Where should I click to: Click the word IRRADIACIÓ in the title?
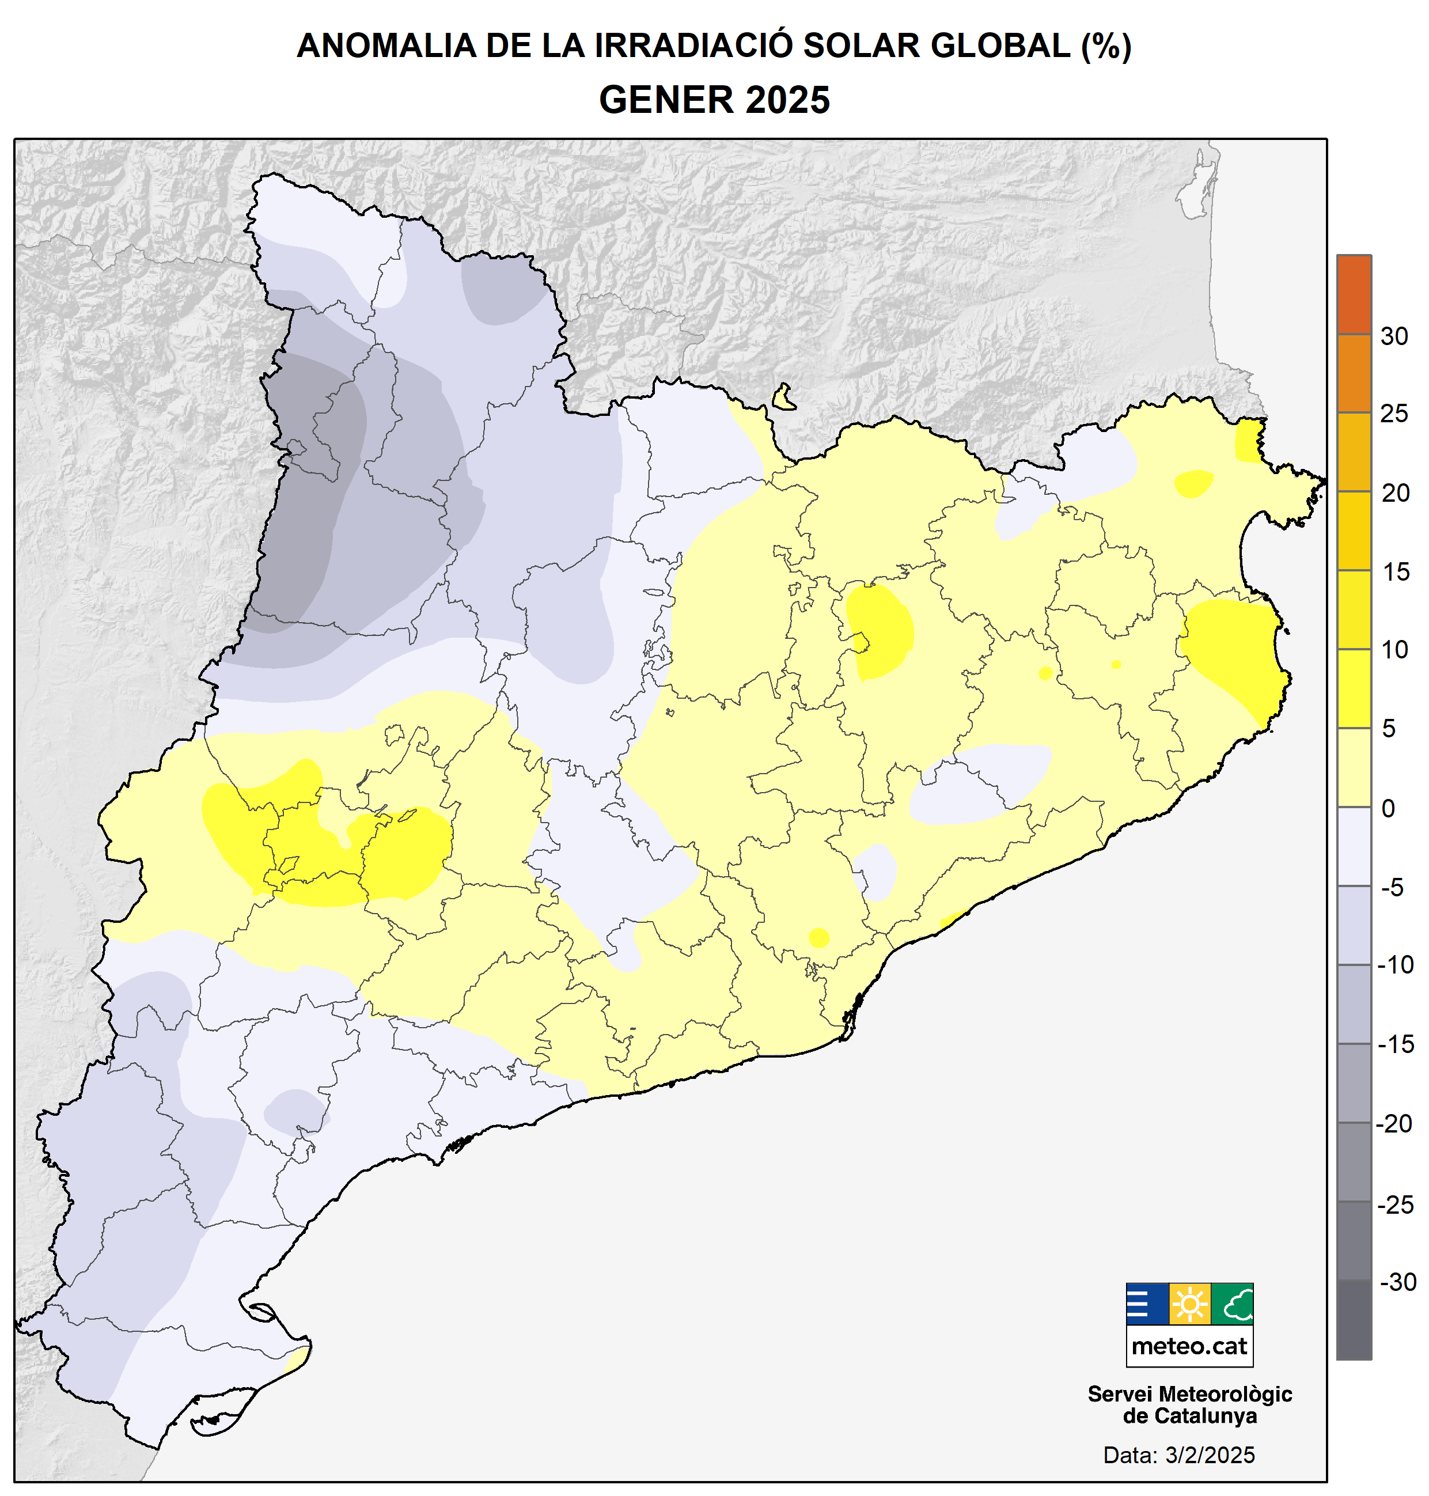click(692, 46)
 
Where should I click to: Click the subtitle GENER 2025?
click(714, 100)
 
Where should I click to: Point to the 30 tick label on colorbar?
click(1394, 336)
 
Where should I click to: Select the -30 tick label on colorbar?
click(1397, 1282)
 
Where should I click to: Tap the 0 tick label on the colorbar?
click(1388, 808)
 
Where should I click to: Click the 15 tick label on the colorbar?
click(1396, 572)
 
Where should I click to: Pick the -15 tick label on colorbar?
click(1396, 1044)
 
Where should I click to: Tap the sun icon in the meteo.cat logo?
click(1189, 1305)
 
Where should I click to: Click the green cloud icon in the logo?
click(1231, 1305)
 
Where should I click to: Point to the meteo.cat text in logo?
click(1189, 1347)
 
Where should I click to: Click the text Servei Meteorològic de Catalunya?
click(1189, 1404)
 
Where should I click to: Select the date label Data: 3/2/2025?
click(1178, 1455)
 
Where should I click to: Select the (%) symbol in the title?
click(1106, 46)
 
